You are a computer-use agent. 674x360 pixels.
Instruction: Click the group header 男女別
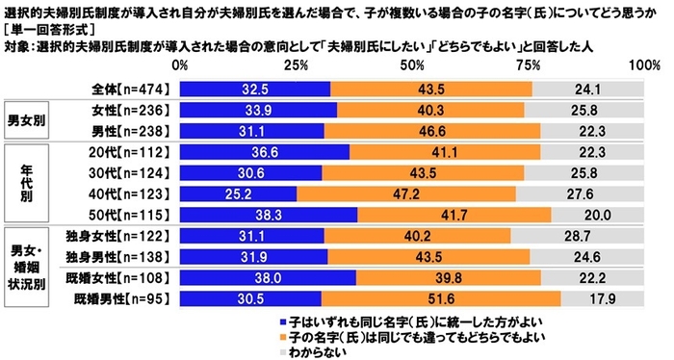click(x=31, y=120)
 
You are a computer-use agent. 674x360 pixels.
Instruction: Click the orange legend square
click(x=281, y=337)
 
